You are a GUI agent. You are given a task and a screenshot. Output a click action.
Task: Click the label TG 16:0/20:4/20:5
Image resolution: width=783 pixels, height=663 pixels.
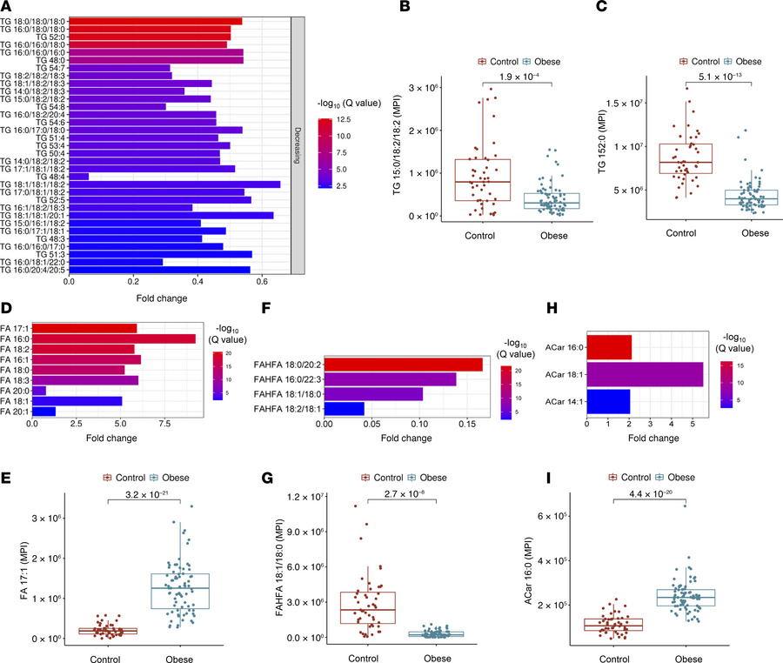coord(34,270)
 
